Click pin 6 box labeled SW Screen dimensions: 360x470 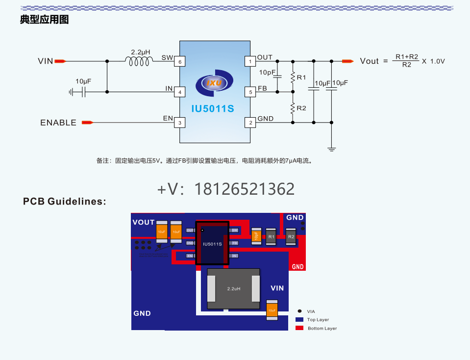tap(180, 62)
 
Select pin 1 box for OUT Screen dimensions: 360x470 tap(250, 61)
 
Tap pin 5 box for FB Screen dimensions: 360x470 tap(250, 92)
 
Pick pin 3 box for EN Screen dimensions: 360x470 tap(180, 123)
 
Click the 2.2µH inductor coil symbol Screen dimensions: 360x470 tap(139, 61)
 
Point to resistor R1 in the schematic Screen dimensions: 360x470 tap(293, 77)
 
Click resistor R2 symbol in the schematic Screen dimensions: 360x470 tap(293, 108)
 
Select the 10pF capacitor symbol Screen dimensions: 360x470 tap(277, 76)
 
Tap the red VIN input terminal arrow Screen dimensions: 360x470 tap(60, 61)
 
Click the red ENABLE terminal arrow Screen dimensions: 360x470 tap(87, 123)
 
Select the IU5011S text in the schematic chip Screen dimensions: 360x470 tap(213, 109)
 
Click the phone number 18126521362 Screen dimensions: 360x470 tap(245, 189)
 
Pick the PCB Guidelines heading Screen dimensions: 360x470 tap(64, 202)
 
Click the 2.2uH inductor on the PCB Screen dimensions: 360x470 tap(233, 289)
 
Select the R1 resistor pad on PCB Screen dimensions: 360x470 tap(271, 237)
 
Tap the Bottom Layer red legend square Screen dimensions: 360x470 tap(299, 328)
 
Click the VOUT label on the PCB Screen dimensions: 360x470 tap(143, 222)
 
